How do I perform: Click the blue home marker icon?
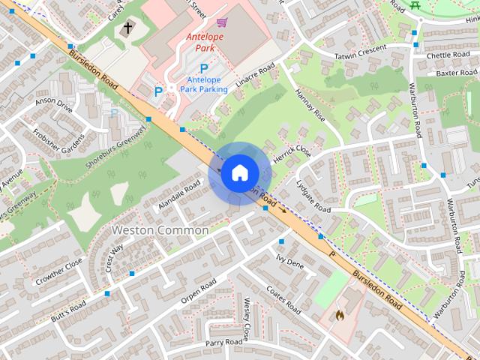click(x=239, y=172)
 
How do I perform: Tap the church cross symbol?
click(x=127, y=29)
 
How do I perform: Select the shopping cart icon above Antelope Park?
click(x=221, y=23)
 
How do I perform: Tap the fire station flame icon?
click(x=339, y=316)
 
